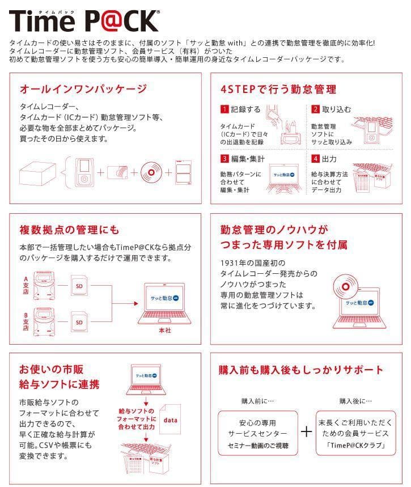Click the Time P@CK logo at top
[84, 21]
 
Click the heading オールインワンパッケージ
[83, 89]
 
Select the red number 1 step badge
[224, 109]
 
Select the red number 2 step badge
[315, 109]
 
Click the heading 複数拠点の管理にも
[70, 230]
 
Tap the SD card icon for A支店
[79, 286]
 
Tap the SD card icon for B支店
[79, 323]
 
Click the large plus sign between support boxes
[307, 432]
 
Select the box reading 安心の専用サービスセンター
[258, 434]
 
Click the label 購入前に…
[258, 401]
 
